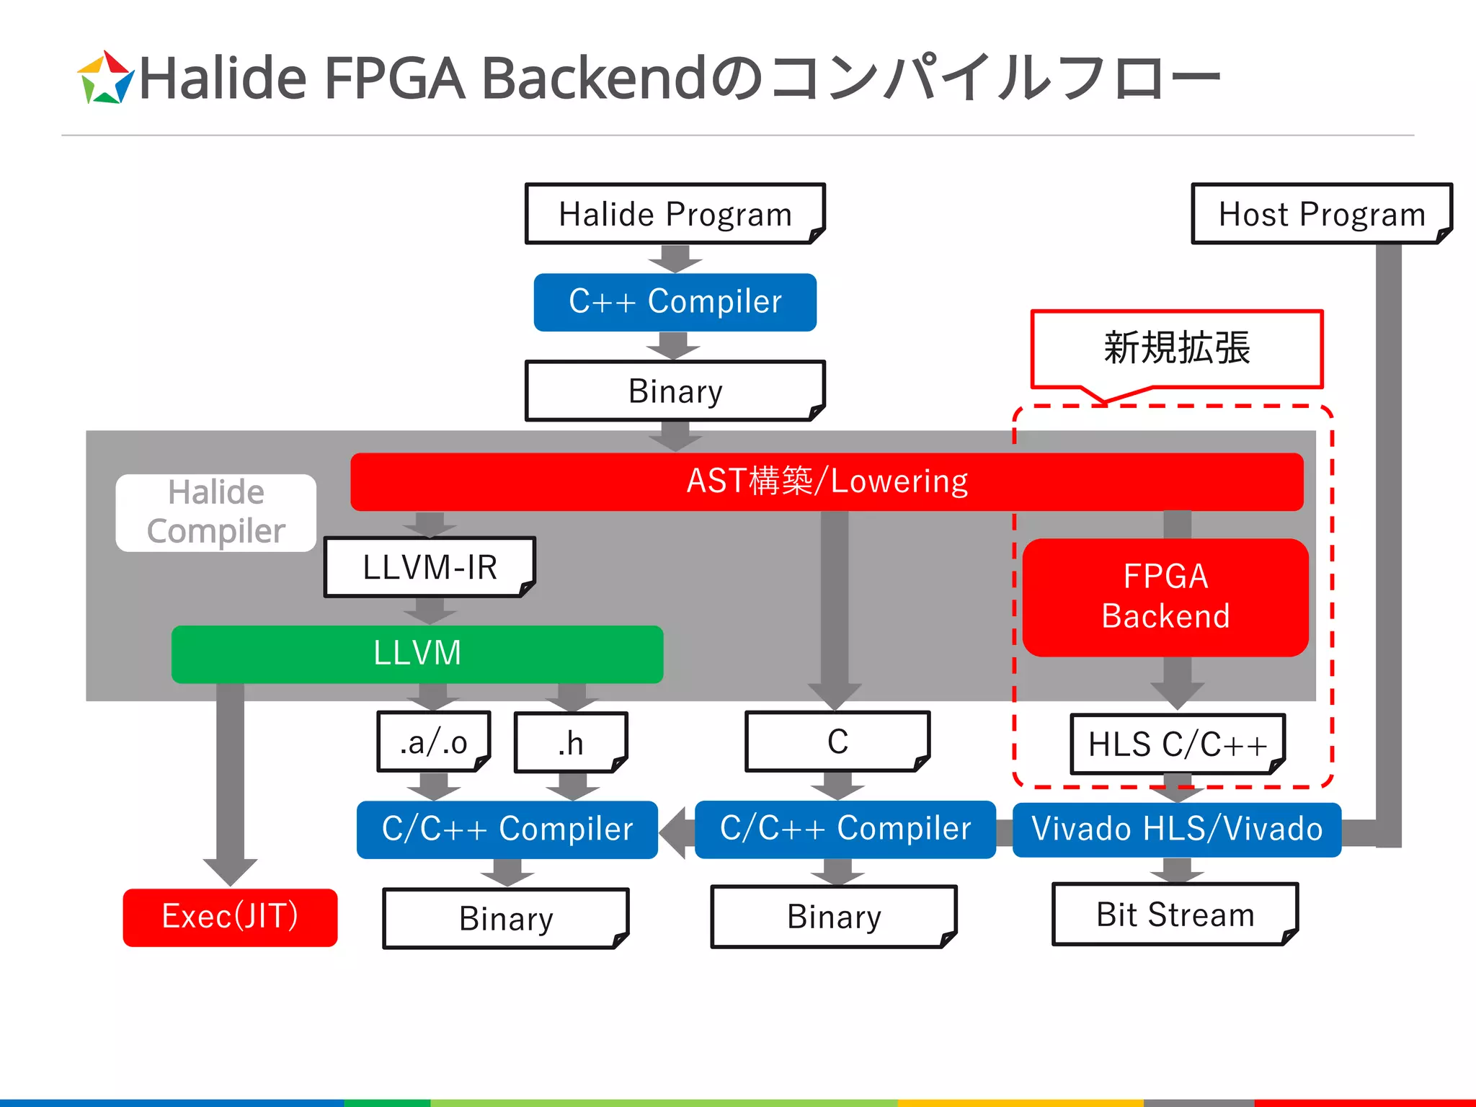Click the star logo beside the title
tap(105, 78)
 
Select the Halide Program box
tap(675, 214)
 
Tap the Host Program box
tap(1321, 214)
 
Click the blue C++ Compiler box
tap(675, 302)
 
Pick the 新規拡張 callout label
tap(1177, 348)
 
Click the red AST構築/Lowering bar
tap(827, 481)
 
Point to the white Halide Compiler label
tap(216, 512)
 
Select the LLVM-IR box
tap(430, 567)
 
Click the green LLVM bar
tap(417, 654)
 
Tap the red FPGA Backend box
tap(1165, 597)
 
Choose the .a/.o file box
tap(434, 742)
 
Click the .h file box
tap(571, 742)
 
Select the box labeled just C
tap(837, 742)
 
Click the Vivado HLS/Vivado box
tap(1177, 830)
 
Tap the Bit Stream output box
tap(1175, 915)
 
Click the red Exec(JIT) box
tap(230, 917)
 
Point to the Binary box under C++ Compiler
tap(675, 391)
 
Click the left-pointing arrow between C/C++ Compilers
tap(676, 832)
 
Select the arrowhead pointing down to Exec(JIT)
tap(230, 871)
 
